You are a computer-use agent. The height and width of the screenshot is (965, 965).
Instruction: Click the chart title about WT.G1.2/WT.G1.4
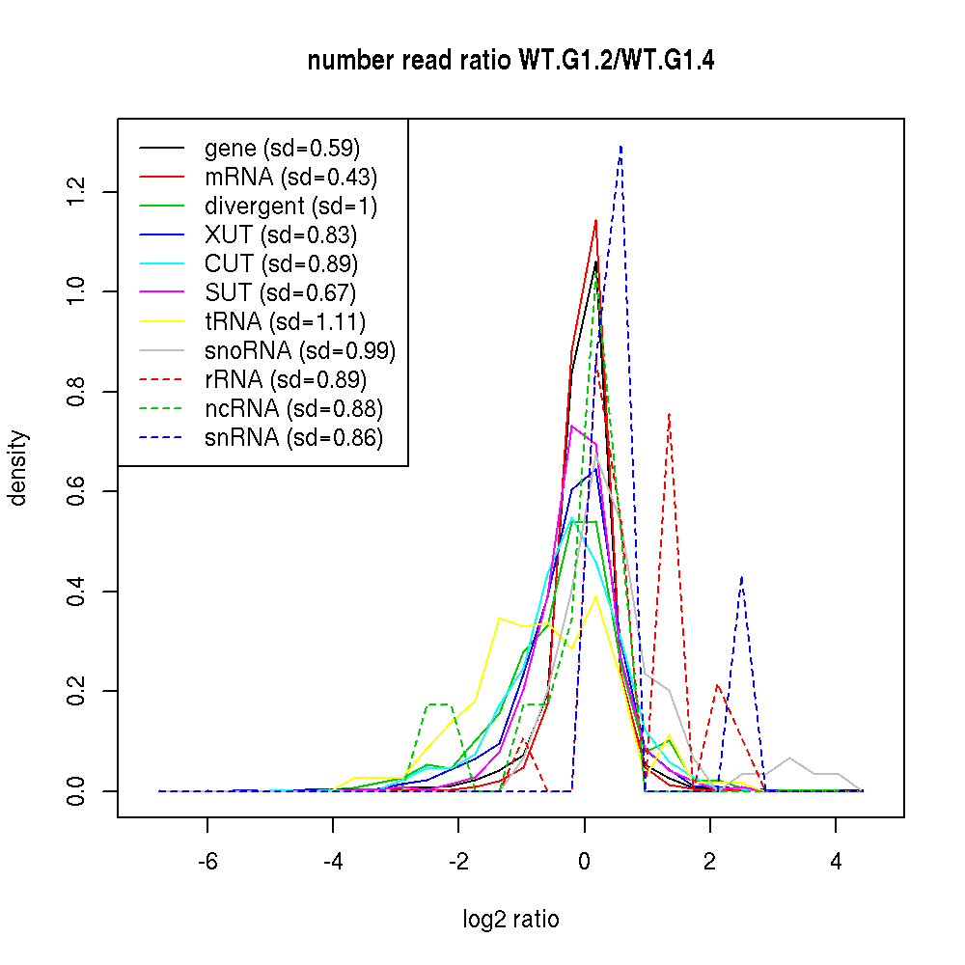click(x=510, y=61)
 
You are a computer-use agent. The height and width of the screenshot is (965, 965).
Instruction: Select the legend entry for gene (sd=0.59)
click(x=282, y=149)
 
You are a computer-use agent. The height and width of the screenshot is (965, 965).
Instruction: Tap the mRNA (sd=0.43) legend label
click(x=290, y=178)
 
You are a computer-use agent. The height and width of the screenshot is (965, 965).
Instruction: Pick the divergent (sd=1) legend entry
click(x=290, y=207)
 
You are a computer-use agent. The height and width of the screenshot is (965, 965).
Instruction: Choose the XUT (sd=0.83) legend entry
click(x=281, y=235)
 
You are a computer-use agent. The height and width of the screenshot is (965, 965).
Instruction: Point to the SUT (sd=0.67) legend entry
click(x=281, y=293)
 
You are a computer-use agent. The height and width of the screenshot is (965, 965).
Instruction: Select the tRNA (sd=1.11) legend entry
click(x=285, y=322)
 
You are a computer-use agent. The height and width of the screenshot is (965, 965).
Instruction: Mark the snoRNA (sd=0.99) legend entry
click(x=300, y=351)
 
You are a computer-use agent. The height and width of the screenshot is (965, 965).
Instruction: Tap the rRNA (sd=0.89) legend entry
click(x=286, y=380)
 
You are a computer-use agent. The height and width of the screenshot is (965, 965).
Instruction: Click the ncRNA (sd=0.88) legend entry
click(x=293, y=409)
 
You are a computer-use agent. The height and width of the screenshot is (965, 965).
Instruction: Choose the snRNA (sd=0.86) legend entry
click(x=293, y=438)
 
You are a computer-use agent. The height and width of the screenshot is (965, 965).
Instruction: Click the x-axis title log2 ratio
click(x=510, y=920)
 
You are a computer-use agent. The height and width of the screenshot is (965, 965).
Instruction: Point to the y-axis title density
click(x=18, y=468)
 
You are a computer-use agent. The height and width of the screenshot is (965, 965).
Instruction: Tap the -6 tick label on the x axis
click(x=207, y=862)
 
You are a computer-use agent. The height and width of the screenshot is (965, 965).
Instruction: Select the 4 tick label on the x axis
click(x=836, y=862)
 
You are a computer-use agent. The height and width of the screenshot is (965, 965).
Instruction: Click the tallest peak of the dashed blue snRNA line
click(x=620, y=147)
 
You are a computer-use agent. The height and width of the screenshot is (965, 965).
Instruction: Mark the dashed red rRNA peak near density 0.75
click(x=669, y=414)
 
